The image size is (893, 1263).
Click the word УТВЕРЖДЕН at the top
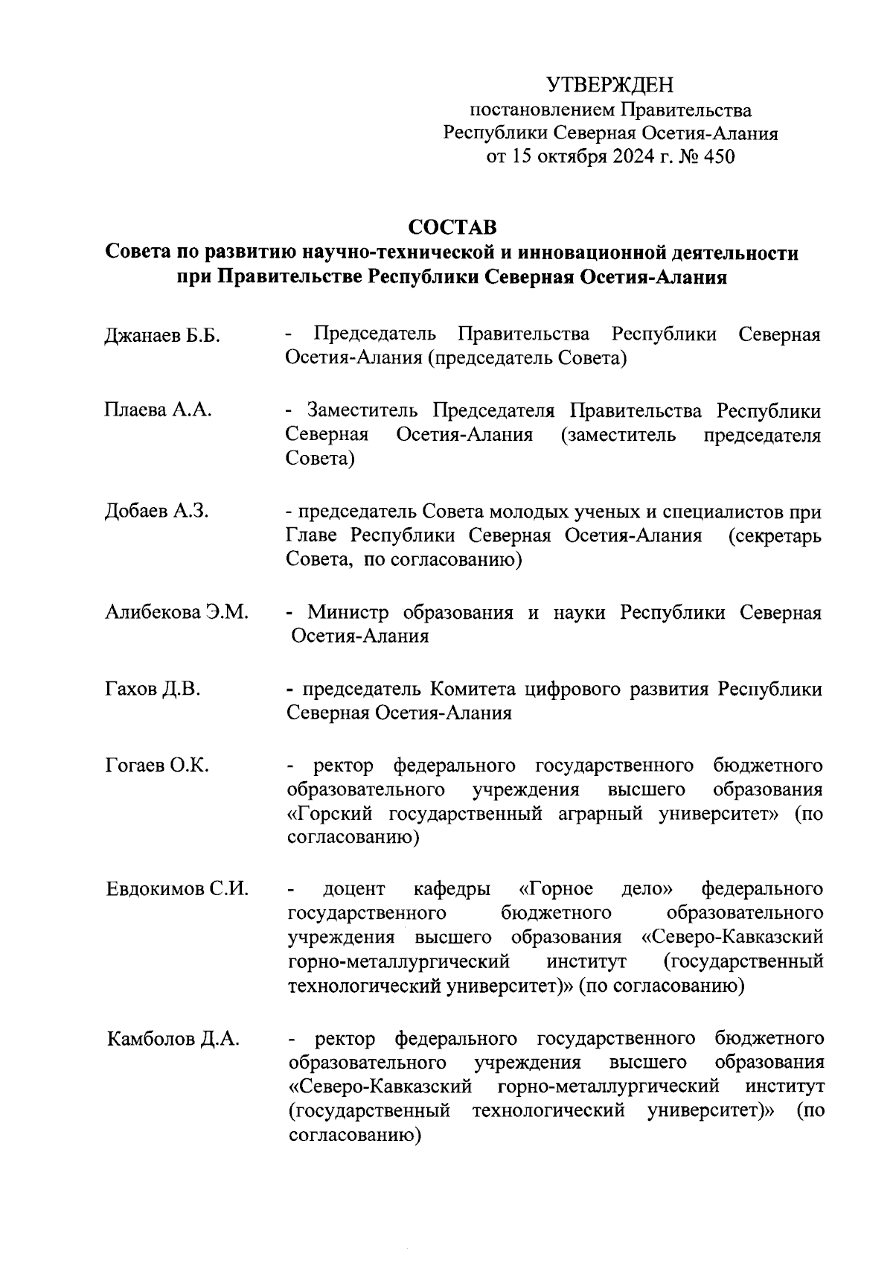pos(609,84)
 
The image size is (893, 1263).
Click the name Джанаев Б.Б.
pos(162,336)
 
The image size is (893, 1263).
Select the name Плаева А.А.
pos(159,410)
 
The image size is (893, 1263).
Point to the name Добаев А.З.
pos(157,511)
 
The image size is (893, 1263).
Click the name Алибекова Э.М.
pos(177,612)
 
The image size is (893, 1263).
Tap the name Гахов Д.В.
pos(153,690)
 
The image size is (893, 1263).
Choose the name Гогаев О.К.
pos(157,766)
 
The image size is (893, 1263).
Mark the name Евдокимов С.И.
pos(177,888)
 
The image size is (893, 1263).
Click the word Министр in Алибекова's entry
pos(348,612)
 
